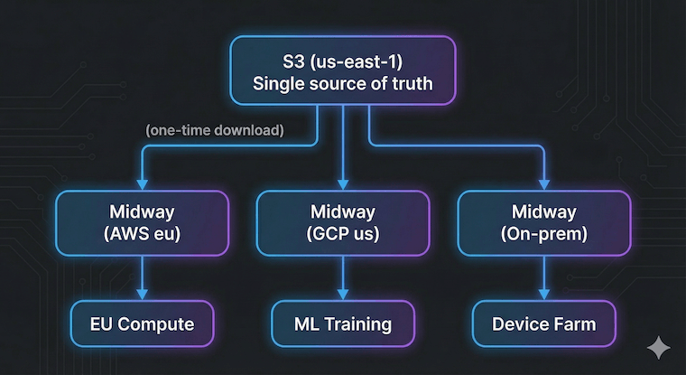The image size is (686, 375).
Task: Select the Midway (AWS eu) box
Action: coord(142,223)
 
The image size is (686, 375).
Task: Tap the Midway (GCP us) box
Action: coord(343,223)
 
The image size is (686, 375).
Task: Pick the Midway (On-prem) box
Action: coord(543,223)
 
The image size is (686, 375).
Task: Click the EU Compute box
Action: coord(142,323)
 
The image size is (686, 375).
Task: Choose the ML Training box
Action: coord(343,323)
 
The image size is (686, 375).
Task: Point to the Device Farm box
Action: coord(543,323)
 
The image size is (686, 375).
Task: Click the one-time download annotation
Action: coord(215,130)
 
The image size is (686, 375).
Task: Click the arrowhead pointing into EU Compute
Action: coord(142,294)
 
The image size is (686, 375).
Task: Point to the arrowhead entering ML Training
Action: coord(343,294)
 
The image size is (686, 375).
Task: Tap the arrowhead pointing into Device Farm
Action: coord(543,294)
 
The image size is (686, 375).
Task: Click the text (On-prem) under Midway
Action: coord(543,234)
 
